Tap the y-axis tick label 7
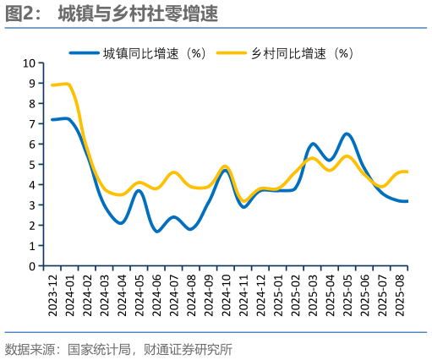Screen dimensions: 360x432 [x=31, y=124]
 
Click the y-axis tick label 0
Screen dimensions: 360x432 [x=31, y=266]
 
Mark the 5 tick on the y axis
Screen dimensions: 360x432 [x=31, y=165]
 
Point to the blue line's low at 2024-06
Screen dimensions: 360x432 [x=157, y=231]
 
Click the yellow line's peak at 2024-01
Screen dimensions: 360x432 [x=68, y=84]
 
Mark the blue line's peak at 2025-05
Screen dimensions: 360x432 [x=347, y=134]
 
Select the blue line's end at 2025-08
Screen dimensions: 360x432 [x=407, y=201]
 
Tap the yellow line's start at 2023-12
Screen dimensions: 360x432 [x=52, y=85]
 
